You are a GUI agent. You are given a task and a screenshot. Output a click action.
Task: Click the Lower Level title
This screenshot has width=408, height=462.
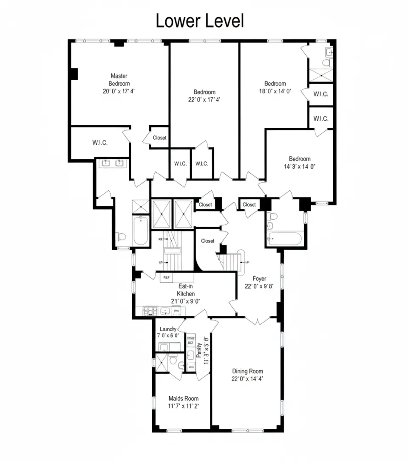200,21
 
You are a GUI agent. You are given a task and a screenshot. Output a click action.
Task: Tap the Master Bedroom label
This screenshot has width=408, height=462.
119,79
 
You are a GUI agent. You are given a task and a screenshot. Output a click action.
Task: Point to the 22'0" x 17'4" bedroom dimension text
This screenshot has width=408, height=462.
204,100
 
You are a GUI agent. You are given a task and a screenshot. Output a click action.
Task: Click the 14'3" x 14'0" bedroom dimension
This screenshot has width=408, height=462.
300,167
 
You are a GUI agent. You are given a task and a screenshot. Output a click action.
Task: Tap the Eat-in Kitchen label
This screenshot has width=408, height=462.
186,290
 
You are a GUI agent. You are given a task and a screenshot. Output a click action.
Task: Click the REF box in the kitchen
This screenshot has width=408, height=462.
166,278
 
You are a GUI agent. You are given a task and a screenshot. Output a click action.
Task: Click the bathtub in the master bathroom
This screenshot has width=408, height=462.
140,231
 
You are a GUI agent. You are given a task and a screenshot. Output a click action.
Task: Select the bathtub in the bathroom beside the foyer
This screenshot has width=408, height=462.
284,239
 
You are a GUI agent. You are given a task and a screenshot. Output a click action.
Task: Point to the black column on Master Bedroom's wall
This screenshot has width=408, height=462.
74,73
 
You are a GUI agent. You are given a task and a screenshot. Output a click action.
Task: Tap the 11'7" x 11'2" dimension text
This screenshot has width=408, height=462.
184,406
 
